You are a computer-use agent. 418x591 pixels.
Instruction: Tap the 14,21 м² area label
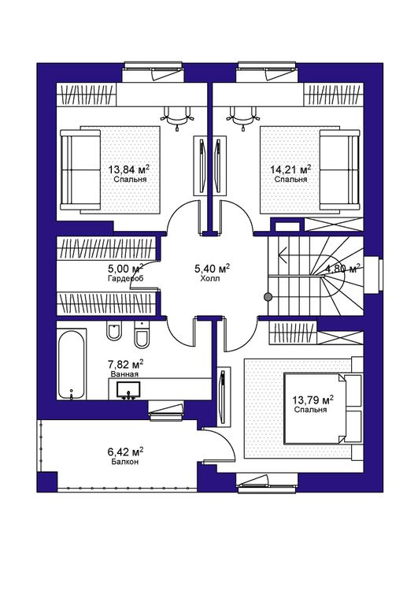(290, 169)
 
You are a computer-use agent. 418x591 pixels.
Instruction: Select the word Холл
(210, 278)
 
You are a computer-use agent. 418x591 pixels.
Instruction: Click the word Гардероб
(125, 278)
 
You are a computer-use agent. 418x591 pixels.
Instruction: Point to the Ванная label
(124, 374)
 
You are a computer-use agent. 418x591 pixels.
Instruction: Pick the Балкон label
(124, 462)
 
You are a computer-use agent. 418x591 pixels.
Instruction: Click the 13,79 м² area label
(313, 400)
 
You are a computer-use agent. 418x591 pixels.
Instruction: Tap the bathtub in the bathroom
(71, 365)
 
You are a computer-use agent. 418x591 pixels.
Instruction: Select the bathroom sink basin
(128, 390)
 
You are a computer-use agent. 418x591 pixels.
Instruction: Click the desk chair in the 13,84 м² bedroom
(177, 116)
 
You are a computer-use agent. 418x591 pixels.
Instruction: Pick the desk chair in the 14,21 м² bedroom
(242, 116)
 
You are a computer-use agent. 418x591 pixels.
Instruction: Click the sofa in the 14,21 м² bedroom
(339, 169)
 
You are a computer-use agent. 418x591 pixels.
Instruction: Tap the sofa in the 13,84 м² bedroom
(80, 169)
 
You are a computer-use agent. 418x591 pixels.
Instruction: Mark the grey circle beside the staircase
(268, 297)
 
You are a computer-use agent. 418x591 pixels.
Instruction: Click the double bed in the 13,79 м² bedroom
(323, 408)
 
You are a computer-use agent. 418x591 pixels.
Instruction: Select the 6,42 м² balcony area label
(125, 452)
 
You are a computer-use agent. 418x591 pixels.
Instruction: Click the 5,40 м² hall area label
(212, 269)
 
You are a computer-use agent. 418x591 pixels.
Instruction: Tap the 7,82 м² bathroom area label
(125, 364)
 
